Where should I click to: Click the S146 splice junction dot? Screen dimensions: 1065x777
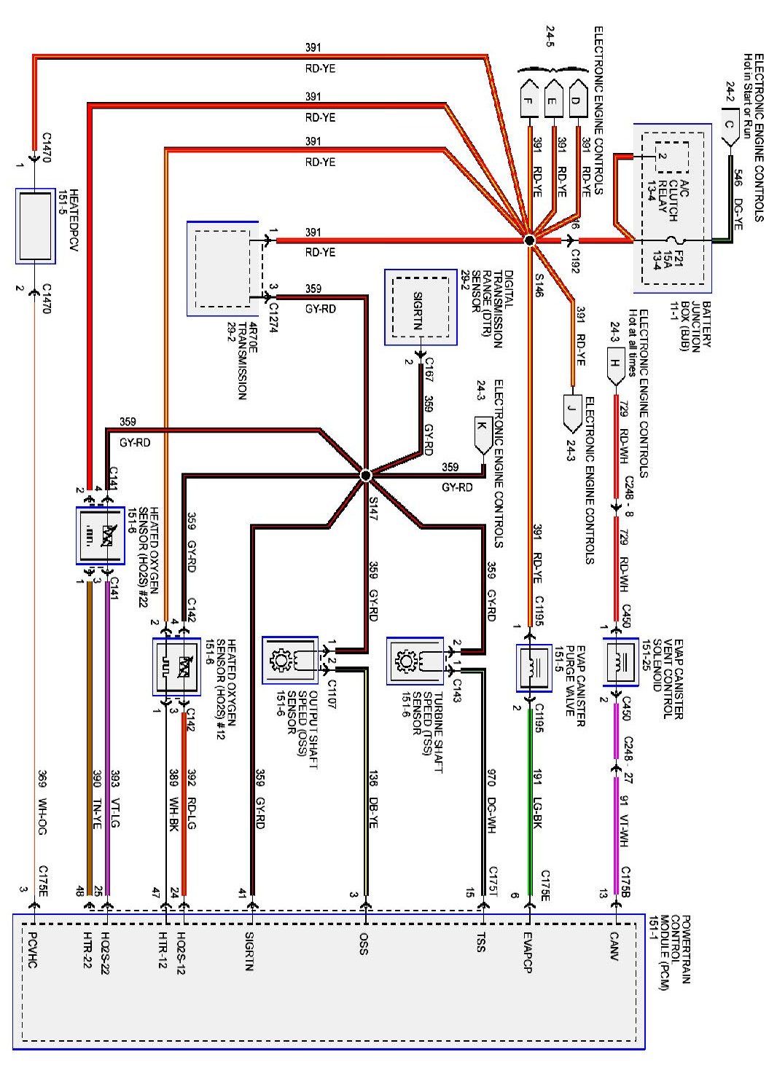[530, 240]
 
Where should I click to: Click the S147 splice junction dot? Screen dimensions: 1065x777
[366, 475]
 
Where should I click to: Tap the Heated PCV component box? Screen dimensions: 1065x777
[36, 226]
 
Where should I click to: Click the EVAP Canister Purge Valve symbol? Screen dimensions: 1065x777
[534, 667]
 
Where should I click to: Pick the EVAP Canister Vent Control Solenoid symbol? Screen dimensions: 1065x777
[620, 661]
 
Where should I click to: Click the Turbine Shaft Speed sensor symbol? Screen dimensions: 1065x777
[415, 661]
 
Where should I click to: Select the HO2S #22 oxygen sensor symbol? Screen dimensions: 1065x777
[100, 535]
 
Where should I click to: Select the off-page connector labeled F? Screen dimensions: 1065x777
[529, 101]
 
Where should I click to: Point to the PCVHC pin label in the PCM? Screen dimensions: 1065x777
[33, 948]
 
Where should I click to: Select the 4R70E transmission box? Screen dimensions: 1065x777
[223, 269]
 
